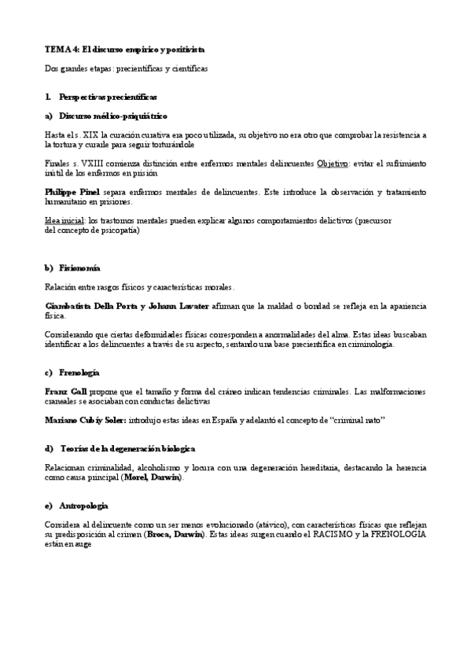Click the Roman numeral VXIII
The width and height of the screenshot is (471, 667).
pyautogui.click(x=98, y=164)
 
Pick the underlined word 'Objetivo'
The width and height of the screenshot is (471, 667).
pyautogui.click(x=333, y=164)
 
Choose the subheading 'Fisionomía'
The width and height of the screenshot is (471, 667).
pyautogui.click(x=81, y=268)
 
